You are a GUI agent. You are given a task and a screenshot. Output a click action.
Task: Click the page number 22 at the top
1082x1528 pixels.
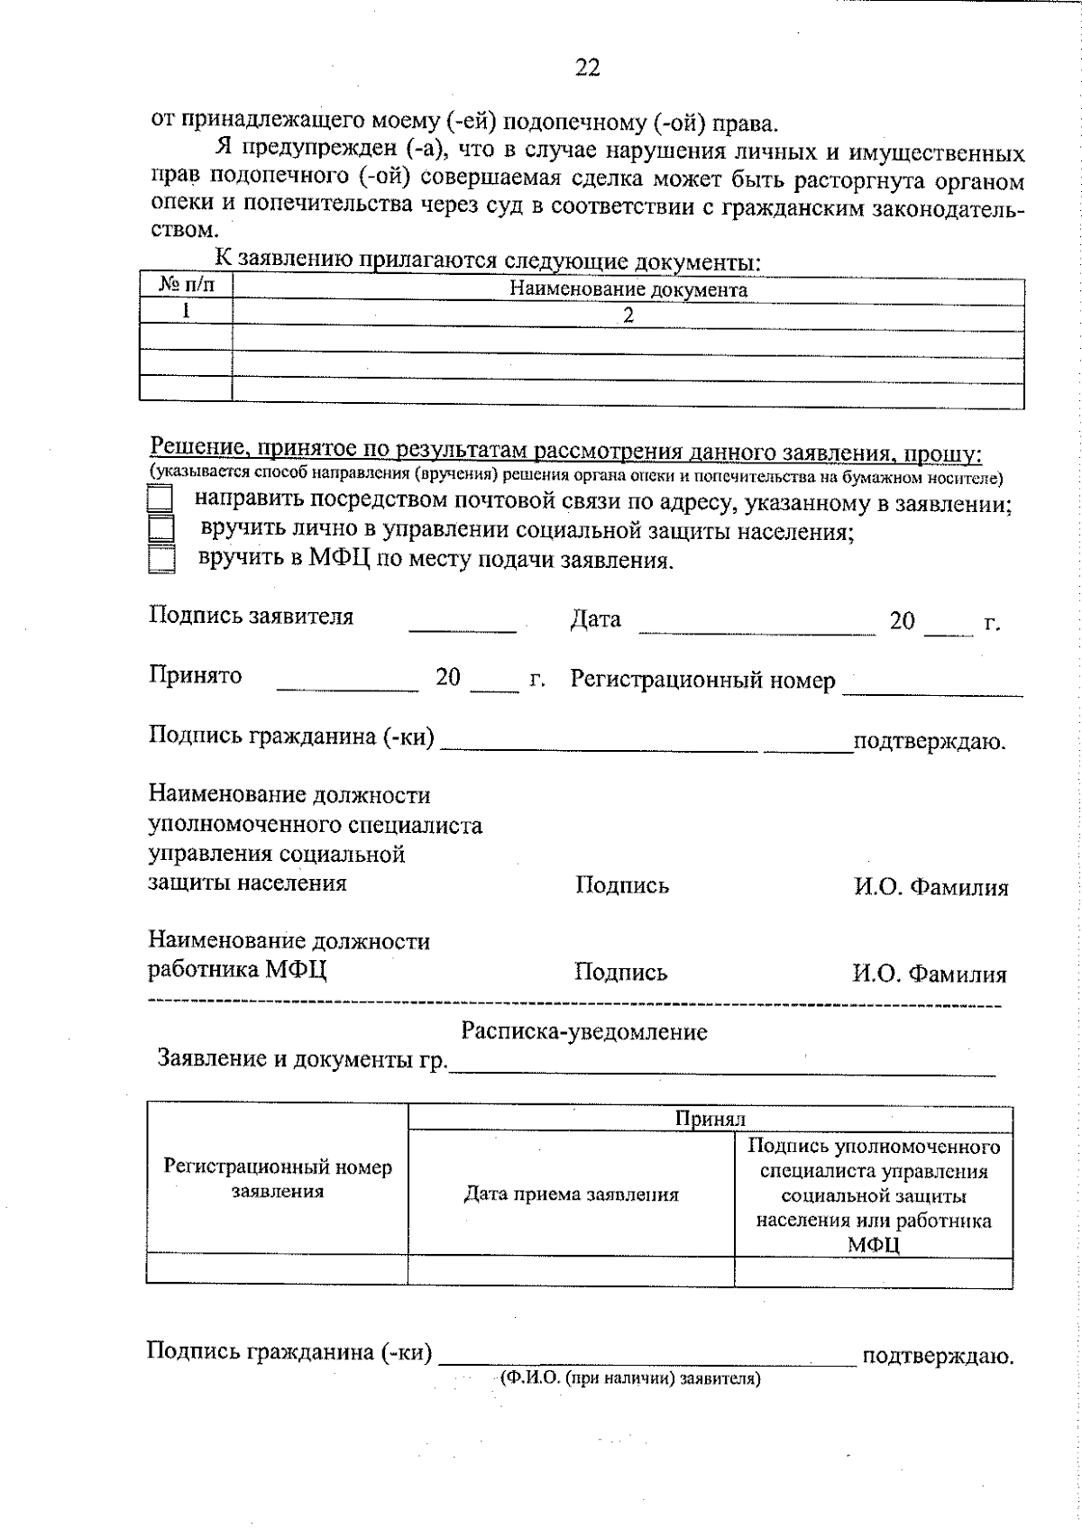click(586, 68)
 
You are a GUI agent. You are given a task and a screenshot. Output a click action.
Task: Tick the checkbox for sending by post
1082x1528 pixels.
click(160, 500)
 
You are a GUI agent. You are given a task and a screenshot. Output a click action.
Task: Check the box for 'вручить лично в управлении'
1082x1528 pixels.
click(160, 529)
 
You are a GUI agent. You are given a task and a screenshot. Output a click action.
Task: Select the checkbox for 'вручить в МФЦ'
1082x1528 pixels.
click(161, 559)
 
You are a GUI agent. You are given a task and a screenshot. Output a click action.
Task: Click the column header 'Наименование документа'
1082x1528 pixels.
click(628, 289)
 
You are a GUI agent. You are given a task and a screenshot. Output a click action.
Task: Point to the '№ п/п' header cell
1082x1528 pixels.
click(187, 287)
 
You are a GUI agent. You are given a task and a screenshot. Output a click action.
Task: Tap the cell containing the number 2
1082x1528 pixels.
click(628, 315)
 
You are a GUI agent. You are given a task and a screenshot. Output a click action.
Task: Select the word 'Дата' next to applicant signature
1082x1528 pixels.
click(595, 620)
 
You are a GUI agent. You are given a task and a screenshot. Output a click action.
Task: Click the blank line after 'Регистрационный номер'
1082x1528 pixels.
click(932, 689)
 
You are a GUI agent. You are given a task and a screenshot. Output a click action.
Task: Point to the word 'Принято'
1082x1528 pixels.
click(196, 676)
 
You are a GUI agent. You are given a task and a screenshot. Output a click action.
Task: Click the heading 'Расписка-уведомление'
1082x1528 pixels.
click(584, 1031)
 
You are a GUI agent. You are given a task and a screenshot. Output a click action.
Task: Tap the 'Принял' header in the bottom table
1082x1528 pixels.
click(711, 1119)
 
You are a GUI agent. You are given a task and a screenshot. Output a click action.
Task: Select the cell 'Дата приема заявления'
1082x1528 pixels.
click(571, 1195)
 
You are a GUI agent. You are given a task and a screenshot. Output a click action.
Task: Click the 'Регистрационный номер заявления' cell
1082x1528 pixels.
click(277, 1179)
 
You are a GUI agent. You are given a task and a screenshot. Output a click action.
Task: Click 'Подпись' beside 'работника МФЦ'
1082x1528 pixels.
click(621, 973)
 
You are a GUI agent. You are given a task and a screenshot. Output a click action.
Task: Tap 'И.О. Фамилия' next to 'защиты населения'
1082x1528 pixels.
click(931, 888)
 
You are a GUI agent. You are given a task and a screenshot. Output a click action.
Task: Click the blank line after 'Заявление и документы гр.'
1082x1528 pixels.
click(721, 1068)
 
